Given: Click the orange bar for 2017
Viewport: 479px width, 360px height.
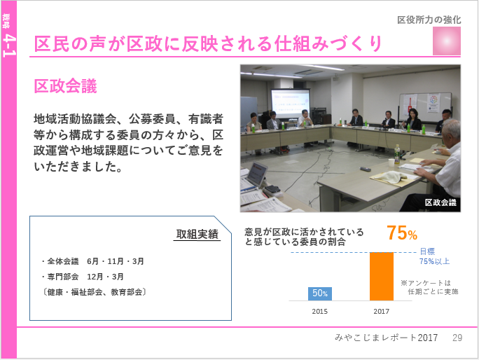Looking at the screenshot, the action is pos(382,276).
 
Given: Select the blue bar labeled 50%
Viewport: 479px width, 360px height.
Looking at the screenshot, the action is pos(320,293).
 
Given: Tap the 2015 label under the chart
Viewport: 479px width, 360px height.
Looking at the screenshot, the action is pos(319,312).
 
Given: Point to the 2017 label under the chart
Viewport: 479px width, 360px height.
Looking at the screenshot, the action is pos(381,312).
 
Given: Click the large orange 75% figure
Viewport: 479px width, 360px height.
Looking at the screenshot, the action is pos(402,233).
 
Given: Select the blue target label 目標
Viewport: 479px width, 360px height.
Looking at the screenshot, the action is pos(427,251).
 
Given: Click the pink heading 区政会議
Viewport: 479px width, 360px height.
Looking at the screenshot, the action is pos(65,86).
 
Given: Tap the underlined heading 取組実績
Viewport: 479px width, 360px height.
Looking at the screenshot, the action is pos(197,234).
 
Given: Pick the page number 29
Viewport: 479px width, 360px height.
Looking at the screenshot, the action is pos(457,338).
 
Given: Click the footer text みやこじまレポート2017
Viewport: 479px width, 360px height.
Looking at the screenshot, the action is pos(386,338).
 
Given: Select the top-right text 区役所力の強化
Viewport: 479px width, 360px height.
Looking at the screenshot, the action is pos(429,20).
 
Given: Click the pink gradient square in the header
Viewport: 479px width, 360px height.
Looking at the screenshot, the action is pos(447,41).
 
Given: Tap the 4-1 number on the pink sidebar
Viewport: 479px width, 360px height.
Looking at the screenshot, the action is pos(9,46).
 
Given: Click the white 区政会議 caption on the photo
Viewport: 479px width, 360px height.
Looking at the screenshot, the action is pos(440,202).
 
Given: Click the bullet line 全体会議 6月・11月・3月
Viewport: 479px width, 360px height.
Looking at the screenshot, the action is pos(92,261).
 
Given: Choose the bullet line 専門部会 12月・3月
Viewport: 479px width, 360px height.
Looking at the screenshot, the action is pos(83,277).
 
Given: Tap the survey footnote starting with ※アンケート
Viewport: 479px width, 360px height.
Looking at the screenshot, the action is pos(429,287).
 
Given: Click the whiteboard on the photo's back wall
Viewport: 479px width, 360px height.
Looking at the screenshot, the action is pos(425,108).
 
